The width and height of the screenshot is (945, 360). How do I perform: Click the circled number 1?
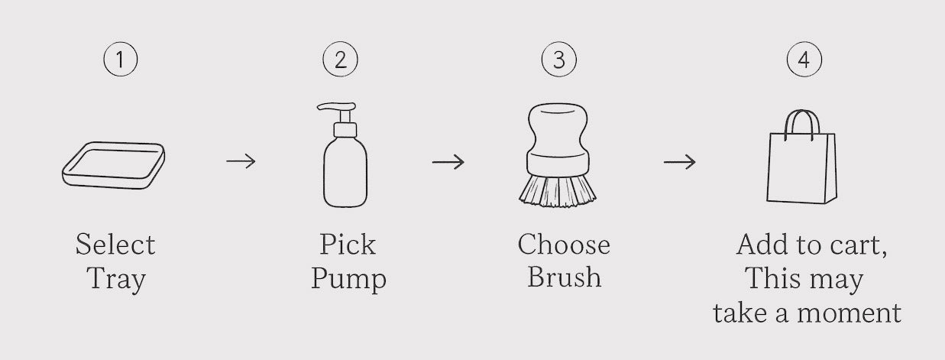[121, 59]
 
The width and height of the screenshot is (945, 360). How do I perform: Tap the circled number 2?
[341, 59]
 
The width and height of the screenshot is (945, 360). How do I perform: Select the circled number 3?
[559, 59]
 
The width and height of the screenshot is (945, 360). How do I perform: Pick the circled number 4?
[804, 59]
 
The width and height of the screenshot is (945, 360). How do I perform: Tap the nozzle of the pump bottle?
[336, 107]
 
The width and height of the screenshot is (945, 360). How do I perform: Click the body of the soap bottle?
[345, 172]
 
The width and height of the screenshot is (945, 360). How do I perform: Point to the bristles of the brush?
[557, 191]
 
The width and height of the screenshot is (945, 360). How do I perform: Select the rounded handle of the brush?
[557, 128]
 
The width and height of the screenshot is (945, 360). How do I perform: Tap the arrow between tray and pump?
[241, 161]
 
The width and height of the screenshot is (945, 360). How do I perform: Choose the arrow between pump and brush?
[448, 161]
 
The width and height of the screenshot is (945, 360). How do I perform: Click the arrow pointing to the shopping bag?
[679, 161]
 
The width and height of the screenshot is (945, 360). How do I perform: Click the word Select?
[115, 245]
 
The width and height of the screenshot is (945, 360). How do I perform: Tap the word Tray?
[116, 280]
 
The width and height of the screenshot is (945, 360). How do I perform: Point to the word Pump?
[348, 280]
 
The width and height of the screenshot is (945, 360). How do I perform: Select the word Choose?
[564, 244]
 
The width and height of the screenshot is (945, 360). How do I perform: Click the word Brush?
[564, 277]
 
